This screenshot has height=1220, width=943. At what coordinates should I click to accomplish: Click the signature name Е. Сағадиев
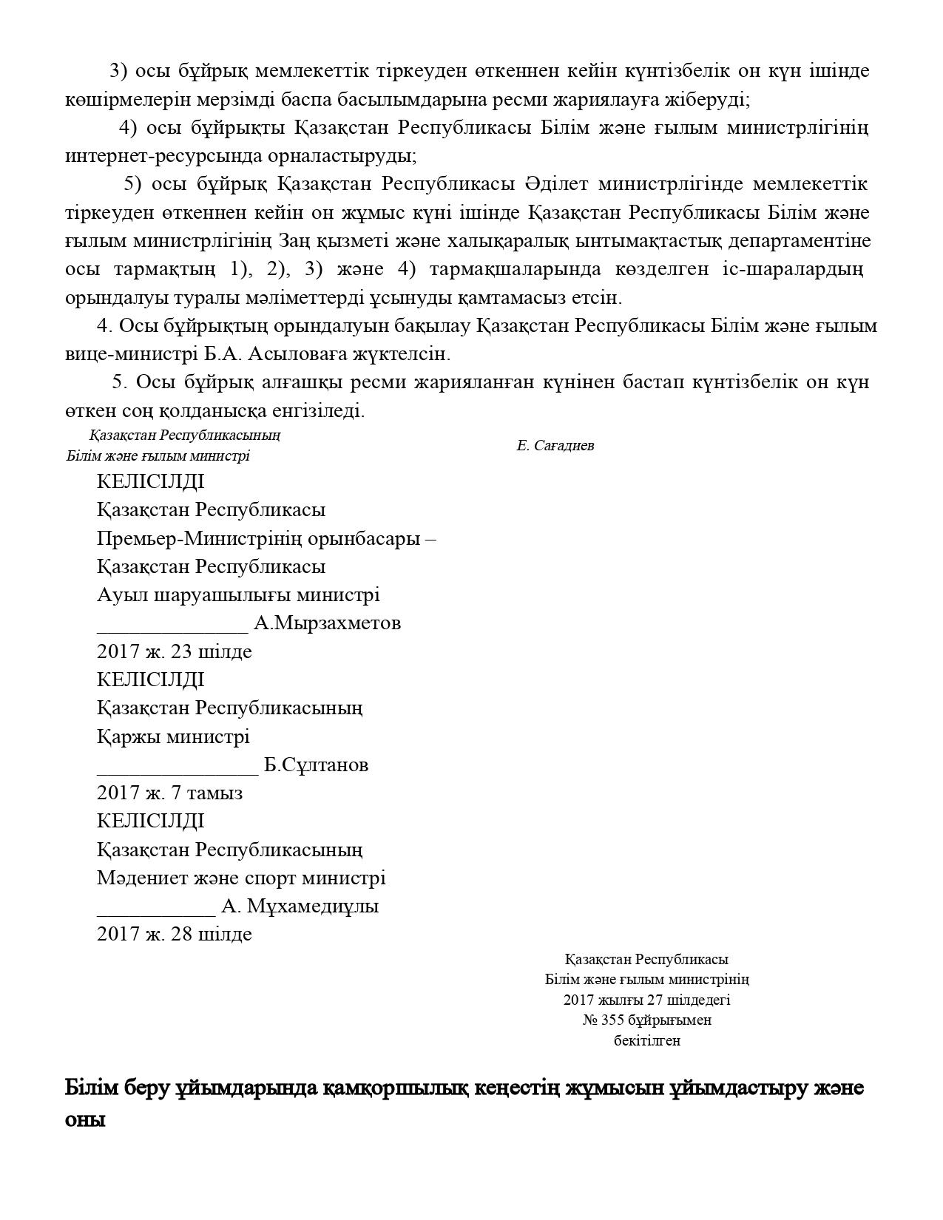555,446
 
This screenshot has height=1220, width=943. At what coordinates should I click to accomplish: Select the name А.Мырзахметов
327,623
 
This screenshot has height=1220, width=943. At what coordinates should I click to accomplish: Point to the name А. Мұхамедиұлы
300,906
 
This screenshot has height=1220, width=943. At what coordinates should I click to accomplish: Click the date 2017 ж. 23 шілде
174,652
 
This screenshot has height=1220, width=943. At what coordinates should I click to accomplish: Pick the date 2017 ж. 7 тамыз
169,793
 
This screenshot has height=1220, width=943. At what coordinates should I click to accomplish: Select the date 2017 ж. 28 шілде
174,935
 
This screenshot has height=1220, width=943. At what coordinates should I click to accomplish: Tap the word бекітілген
647,1041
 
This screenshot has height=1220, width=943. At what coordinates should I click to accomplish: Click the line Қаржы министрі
173,737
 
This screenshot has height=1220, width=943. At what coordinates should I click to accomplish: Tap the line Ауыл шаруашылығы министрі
238,595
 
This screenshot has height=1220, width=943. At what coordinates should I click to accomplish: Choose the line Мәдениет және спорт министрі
241,878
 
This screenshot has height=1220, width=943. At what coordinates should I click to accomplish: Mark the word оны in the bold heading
85,1119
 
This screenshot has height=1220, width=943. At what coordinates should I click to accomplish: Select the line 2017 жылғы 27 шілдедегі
646,1000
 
